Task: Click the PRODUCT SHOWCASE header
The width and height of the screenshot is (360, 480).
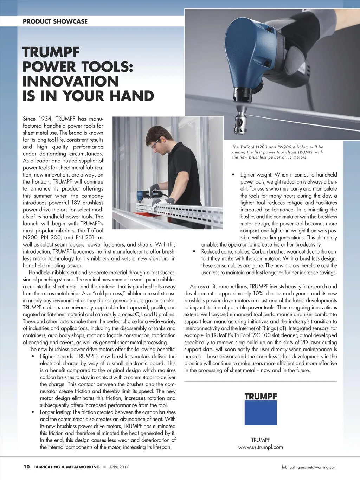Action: coord(55,21)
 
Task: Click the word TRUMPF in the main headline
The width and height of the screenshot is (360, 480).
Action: coord(51,52)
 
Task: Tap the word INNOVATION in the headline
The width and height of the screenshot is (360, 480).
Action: coord(71,82)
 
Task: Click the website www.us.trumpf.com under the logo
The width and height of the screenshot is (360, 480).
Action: coord(261,447)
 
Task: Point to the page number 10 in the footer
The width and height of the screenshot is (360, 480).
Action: coord(27,467)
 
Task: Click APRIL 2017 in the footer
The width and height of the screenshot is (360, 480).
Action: coord(119,467)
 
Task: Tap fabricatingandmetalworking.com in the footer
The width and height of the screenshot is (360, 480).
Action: coord(309,467)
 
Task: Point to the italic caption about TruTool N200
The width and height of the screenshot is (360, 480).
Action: coord(278,152)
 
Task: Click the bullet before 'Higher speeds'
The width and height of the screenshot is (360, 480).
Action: coord(32,357)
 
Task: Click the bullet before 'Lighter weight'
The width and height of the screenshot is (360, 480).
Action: coord(233,175)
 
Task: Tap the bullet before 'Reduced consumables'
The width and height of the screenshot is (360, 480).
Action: coord(194,252)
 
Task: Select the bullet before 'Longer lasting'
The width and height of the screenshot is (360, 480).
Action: coord(32,412)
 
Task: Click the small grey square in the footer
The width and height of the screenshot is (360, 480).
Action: coord(104,467)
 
